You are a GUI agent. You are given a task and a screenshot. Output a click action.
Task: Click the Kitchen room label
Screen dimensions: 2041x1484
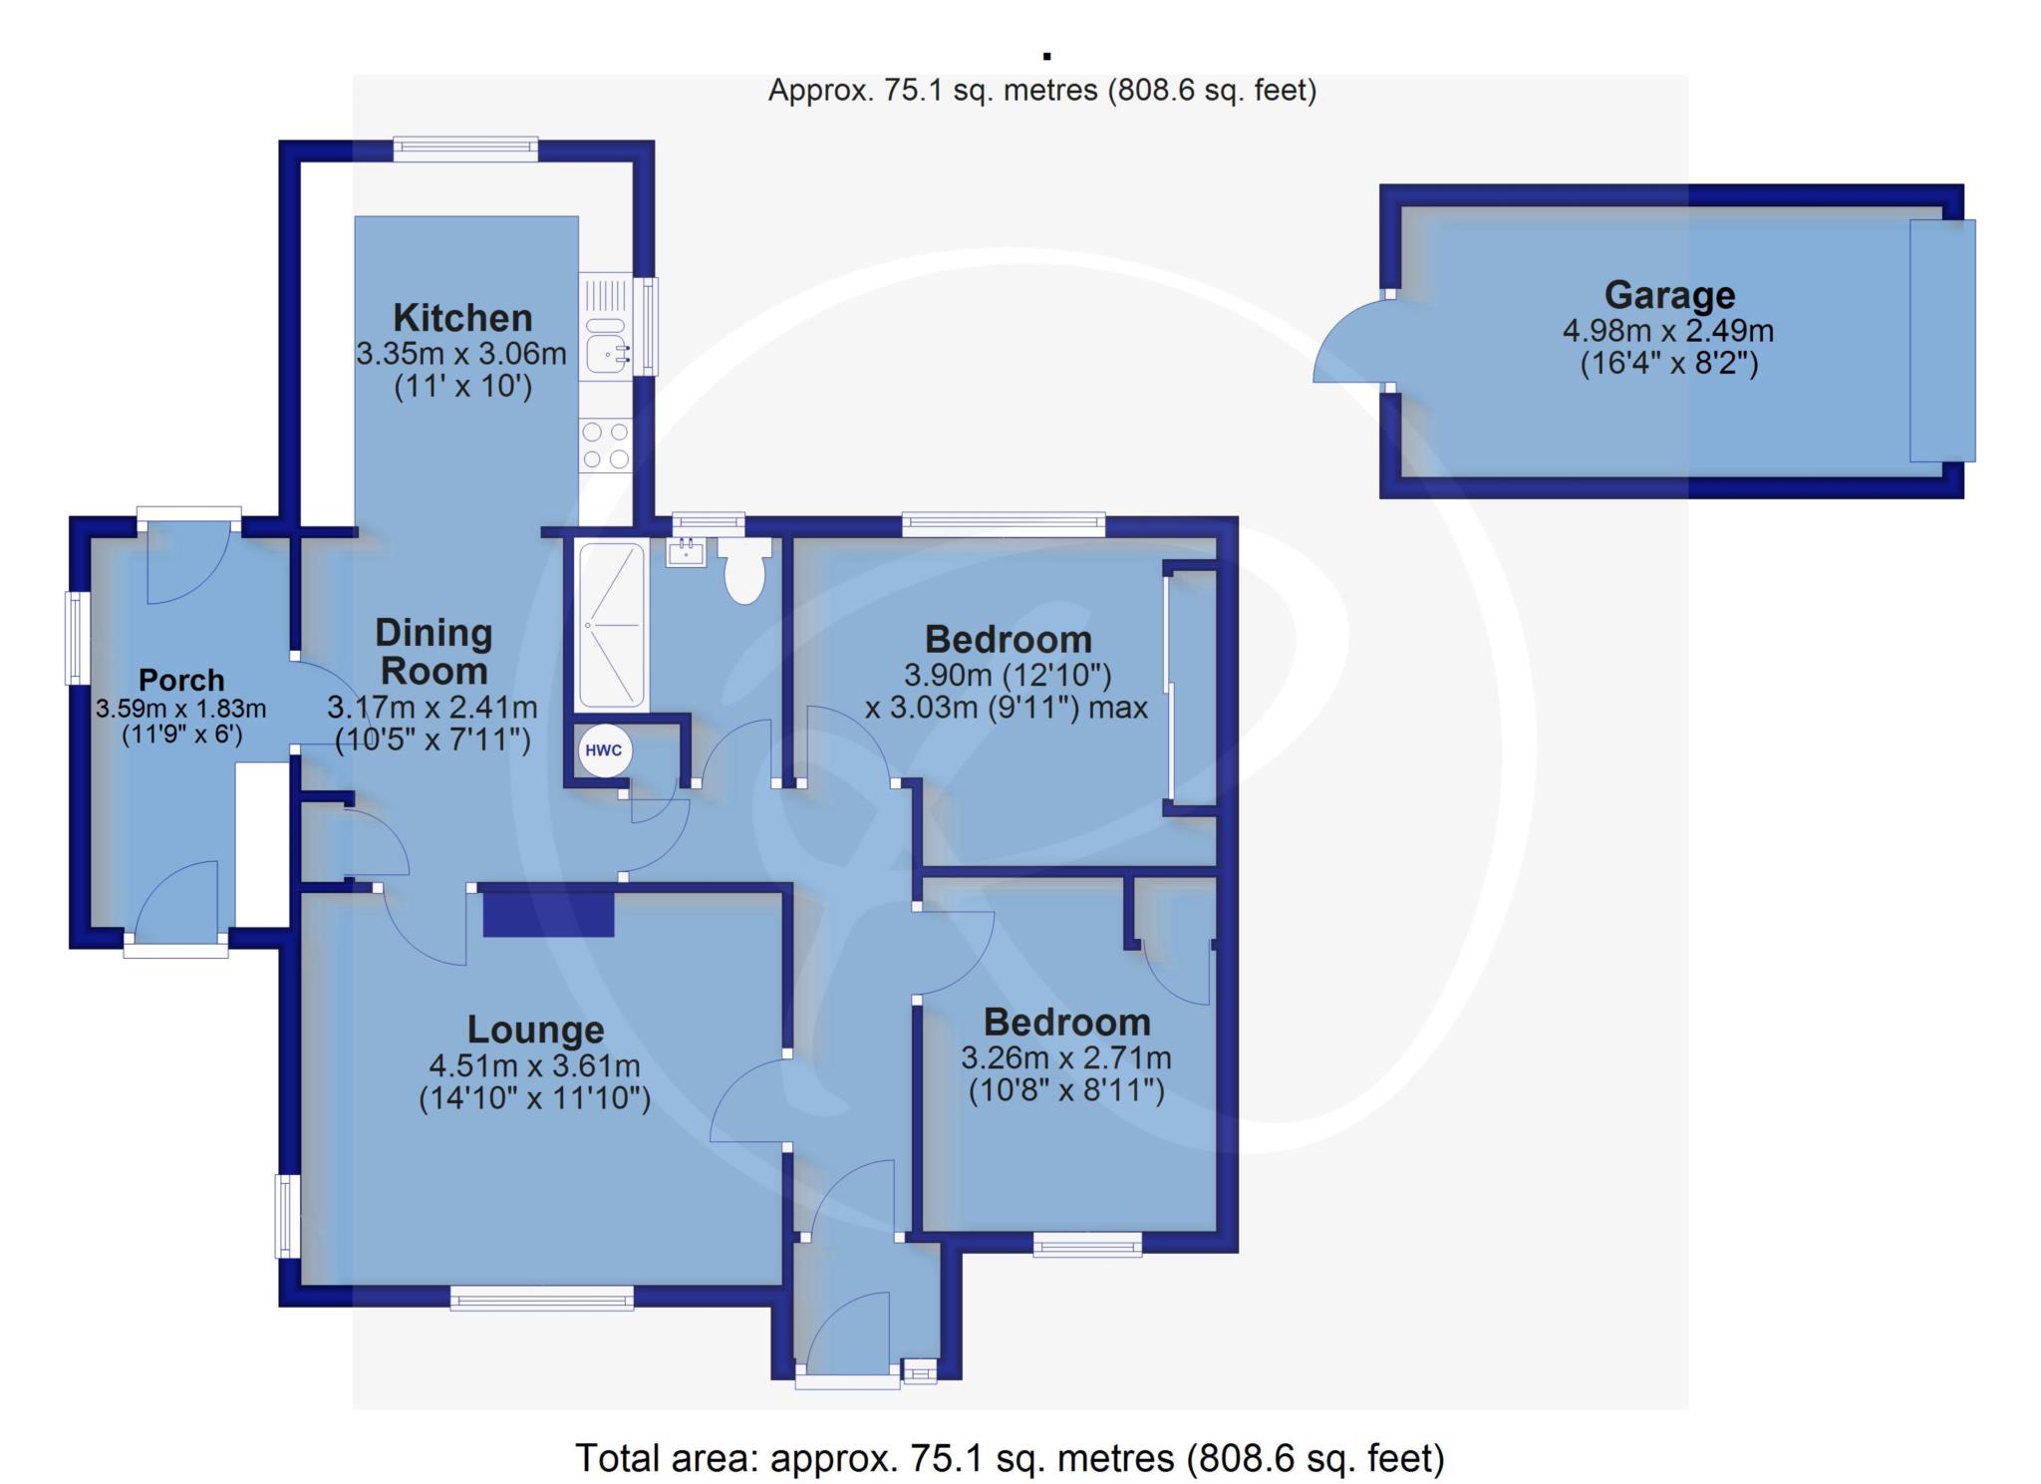(x=462, y=318)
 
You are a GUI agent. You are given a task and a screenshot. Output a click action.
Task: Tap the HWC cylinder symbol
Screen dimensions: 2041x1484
(x=604, y=750)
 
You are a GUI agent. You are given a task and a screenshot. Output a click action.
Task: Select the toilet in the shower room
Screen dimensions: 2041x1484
(x=744, y=570)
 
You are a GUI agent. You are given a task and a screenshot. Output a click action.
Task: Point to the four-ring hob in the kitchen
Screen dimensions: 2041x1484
(x=606, y=445)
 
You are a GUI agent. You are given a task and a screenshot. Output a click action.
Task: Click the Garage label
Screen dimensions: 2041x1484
(x=1669, y=295)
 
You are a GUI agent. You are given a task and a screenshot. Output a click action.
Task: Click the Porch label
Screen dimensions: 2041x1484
(x=181, y=680)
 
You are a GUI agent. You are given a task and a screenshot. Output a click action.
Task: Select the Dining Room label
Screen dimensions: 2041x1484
(x=434, y=652)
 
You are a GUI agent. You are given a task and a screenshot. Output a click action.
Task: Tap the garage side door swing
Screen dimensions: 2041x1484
(x=1351, y=340)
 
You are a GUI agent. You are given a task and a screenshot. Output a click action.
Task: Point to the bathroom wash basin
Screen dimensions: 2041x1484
(x=686, y=551)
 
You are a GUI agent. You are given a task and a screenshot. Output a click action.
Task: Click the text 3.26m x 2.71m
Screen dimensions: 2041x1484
(x=1066, y=1057)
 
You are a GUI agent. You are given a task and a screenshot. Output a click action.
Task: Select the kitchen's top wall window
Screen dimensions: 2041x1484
(x=465, y=148)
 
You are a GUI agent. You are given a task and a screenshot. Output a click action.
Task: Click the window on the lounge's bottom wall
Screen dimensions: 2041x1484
(x=541, y=1297)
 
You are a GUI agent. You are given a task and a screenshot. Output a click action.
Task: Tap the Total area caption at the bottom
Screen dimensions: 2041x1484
(x=1010, y=1458)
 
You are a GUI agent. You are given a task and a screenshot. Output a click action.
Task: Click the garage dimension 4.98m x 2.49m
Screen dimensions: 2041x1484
(x=1668, y=330)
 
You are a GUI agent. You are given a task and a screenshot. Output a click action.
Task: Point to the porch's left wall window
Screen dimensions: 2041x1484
(x=77, y=639)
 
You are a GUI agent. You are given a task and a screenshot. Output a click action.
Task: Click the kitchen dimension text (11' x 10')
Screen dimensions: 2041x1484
(x=462, y=387)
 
